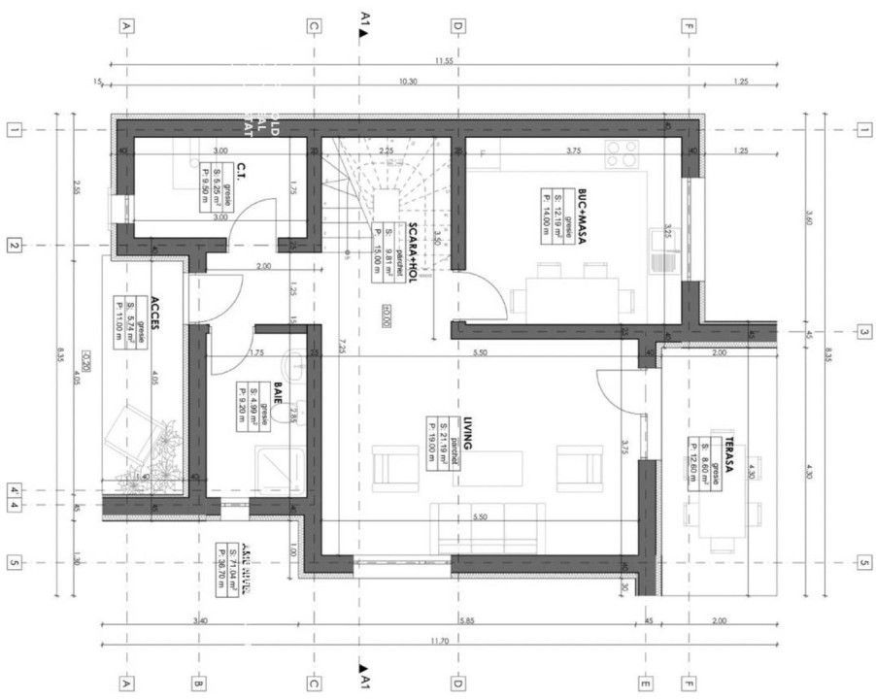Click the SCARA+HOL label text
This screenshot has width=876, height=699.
click(x=413, y=248)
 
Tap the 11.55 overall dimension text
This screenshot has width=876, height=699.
click(x=444, y=60)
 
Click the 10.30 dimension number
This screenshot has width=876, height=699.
click(x=408, y=82)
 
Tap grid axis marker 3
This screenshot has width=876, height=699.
click(x=862, y=332)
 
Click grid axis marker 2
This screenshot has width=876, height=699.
click(x=14, y=246)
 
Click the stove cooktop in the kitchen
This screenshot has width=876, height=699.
click(x=623, y=153)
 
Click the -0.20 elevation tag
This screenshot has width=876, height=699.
click(x=85, y=356)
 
